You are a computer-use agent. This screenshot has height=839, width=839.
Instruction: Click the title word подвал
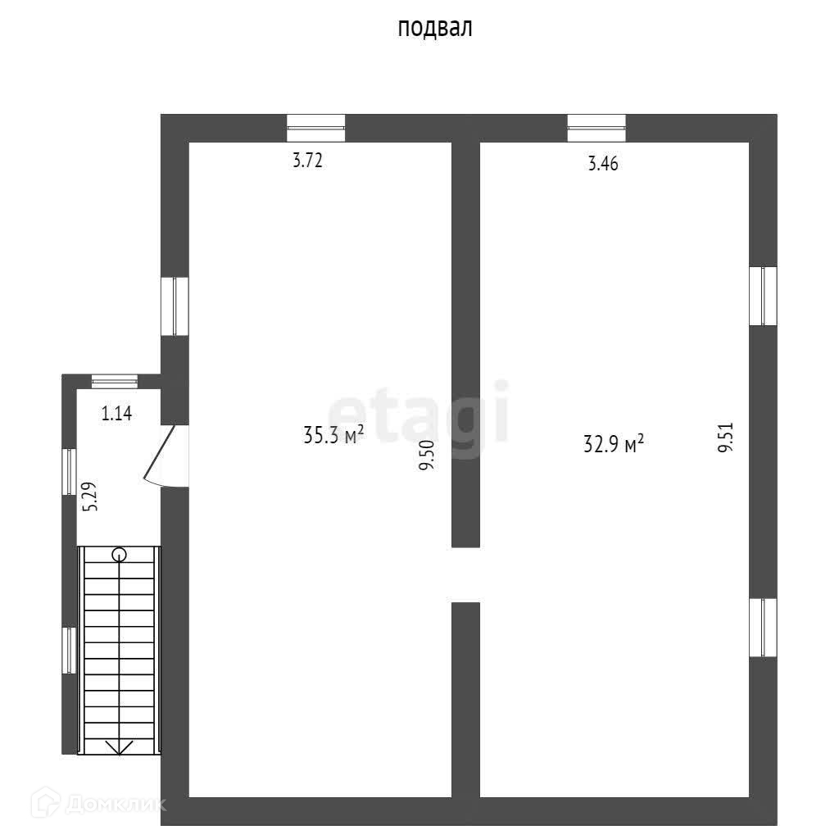click(435, 29)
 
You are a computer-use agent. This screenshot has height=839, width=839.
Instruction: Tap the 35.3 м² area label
click(333, 434)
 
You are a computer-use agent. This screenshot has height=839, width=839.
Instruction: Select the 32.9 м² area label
click(613, 444)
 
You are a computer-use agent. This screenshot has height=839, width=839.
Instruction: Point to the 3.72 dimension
click(308, 161)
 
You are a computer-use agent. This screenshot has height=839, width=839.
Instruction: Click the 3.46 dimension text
click(602, 164)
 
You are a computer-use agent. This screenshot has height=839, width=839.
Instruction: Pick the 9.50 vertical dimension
click(426, 455)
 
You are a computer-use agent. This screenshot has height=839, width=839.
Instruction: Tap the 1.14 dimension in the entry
click(116, 414)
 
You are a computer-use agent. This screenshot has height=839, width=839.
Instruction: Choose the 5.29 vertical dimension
click(92, 496)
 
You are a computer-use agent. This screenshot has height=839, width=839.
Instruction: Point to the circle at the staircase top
click(120, 555)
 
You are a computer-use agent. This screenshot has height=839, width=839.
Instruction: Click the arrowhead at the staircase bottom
click(120, 746)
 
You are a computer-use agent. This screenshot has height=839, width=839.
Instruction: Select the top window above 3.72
click(315, 128)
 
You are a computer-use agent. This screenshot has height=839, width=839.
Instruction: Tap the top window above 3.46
click(596, 128)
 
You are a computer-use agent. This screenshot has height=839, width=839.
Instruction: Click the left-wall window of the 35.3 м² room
click(175, 306)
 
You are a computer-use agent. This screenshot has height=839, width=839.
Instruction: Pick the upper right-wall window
click(764, 296)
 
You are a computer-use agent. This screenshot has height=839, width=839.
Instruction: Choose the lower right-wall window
click(764, 627)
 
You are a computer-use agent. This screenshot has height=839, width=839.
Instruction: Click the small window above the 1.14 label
click(114, 380)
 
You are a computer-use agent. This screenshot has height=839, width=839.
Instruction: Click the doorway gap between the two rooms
click(465, 575)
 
